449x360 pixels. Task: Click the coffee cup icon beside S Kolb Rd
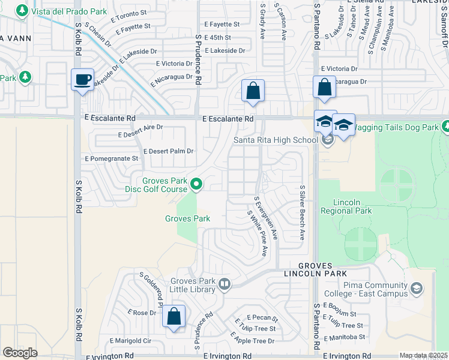tap(82, 79)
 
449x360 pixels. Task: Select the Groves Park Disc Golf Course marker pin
tap(196, 184)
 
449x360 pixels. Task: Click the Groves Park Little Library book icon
tap(224, 284)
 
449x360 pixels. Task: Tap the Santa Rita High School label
tap(276, 140)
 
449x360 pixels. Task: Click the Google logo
tap(20, 352)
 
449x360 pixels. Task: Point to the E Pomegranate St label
tap(112, 158)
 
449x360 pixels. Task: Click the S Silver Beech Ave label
tap(303, 212)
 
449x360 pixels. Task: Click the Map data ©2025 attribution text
tap(423, 356)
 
